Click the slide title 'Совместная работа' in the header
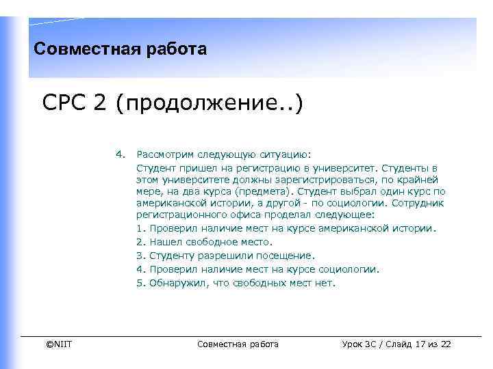120,50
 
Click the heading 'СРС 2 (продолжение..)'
172,107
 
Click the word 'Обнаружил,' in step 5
175,283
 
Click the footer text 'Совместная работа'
238,344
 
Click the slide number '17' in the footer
420,344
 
